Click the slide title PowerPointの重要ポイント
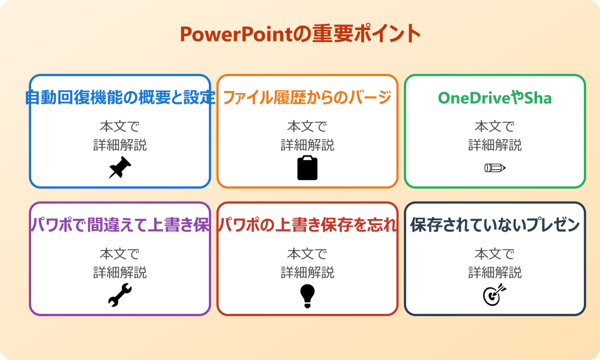tap(300, 34)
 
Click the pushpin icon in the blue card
tap(120, 168)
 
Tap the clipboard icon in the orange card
tap(307, 168)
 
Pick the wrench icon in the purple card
tap(120, 295)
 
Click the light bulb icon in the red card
tap(307, 295)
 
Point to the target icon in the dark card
tap(495, 295)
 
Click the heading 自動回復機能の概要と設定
tap(120, 98)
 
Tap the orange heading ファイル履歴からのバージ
tap(307, 98)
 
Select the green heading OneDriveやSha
tap(495, 98)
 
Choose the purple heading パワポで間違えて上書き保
tap(120, 226)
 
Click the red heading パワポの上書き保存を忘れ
tap(307, 226)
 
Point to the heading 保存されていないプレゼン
tap(495, 226)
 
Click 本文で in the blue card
tap(120, 127)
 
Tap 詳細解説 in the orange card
tap(307, 145)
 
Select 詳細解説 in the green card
tap(495, 145)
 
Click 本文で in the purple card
tap(120, 254)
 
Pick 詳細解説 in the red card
tap(307, 272)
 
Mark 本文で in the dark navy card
tap(495, 254)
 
